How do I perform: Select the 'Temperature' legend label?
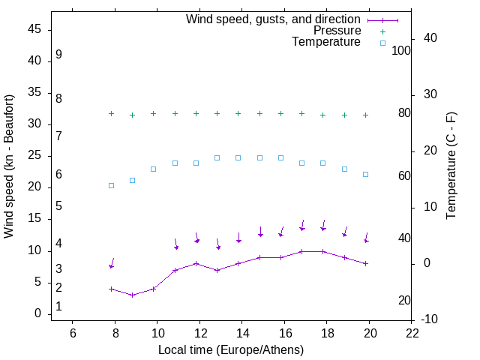(x=326, y=42)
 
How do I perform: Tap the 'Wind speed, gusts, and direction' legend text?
(x=274, y=19)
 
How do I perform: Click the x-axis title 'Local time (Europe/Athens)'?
(x=232, y=349)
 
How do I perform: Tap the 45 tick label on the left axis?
(x=34, y=29)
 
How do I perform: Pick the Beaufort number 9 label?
(x=58, y=55)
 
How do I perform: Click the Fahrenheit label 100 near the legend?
(x=401, y=50)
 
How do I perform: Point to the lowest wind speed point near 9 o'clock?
(x=133, y=295)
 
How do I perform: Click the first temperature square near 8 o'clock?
(x=111, y=185)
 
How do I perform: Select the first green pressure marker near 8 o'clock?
(x=111, y=113)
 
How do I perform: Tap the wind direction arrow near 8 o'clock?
(x=112, y=263)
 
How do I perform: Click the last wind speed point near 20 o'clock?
(x=365, y=263)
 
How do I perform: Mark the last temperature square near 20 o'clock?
(x=365, y=174)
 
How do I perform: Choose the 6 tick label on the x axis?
(x=73, y=332)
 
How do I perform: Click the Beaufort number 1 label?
(x=58, y=307)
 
